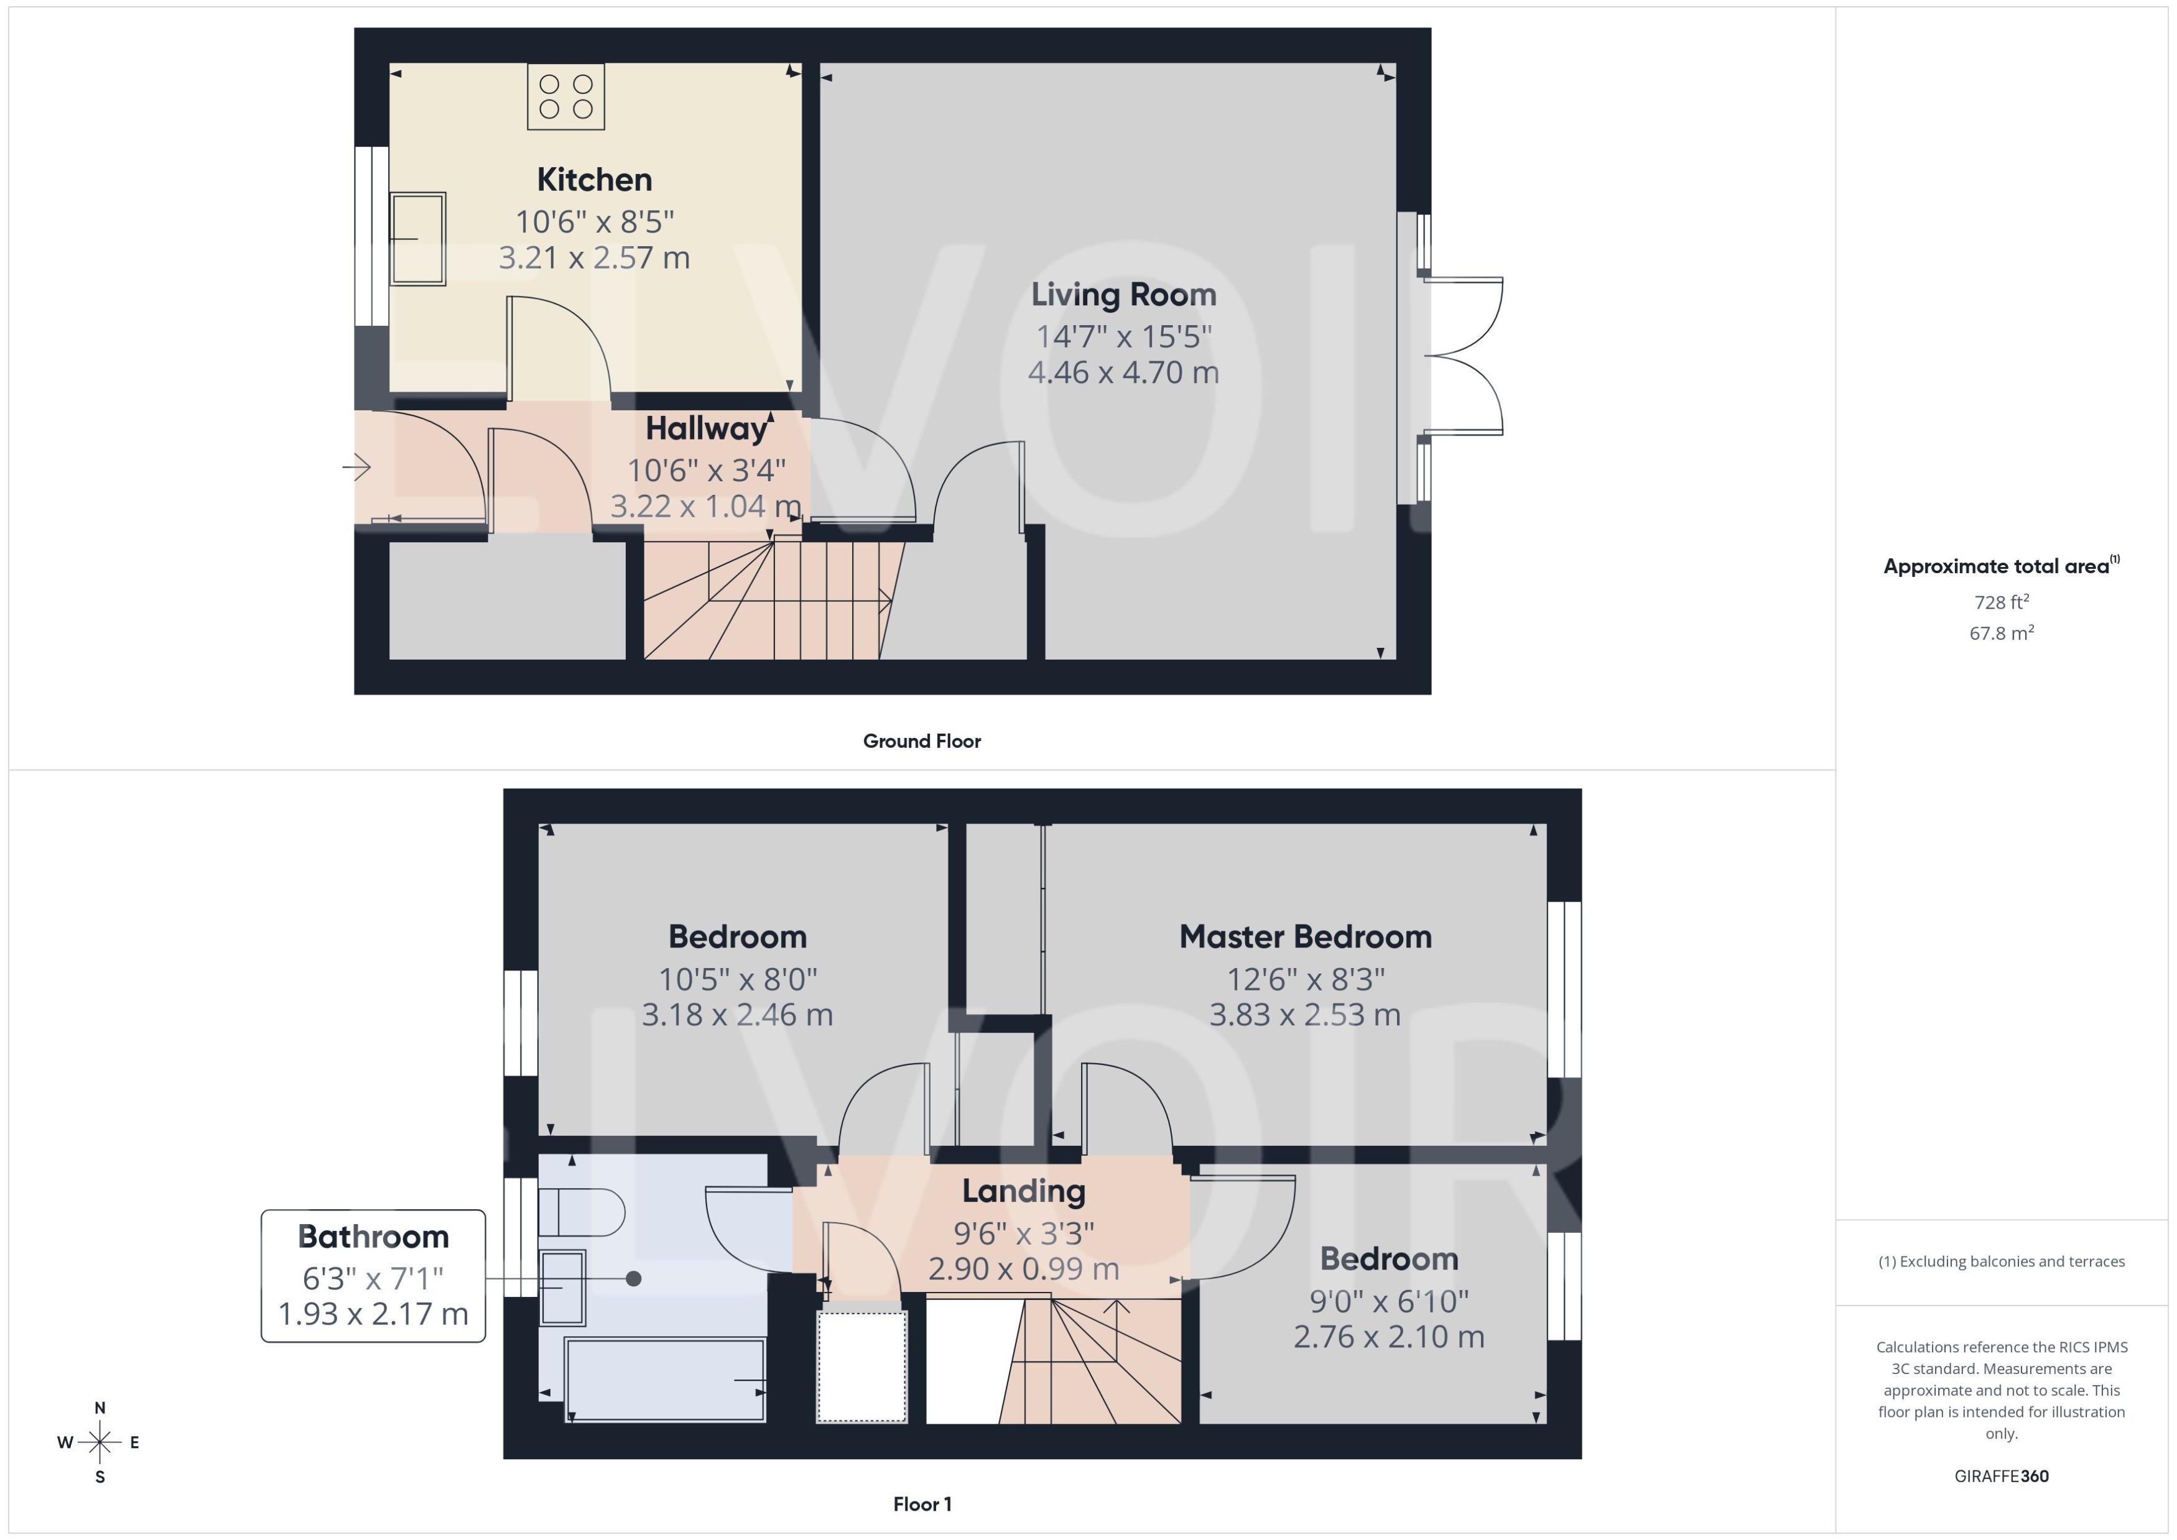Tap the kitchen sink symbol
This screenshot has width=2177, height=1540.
point(417,238)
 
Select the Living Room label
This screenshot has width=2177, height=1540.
point(1123,295)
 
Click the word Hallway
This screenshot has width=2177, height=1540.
point(706,428)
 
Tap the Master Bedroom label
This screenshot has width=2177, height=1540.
point(1304,937)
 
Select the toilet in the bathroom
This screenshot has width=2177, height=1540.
point(580,1212)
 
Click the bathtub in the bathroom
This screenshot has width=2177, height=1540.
point(664,1380)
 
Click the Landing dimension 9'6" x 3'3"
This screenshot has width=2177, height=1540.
point(1024,1233)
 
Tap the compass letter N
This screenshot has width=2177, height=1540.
point(100,1408)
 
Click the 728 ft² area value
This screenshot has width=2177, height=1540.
point(2000,602)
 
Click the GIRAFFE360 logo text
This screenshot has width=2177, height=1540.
point(2000,1477)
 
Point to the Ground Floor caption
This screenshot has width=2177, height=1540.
point(921,742)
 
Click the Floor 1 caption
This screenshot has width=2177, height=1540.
point(921,1504)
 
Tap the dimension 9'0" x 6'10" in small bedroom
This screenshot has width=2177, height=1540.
point(1389,1301)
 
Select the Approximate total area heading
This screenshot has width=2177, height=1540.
point(1996,567)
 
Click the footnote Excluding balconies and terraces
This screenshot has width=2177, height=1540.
point(2000,1261)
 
